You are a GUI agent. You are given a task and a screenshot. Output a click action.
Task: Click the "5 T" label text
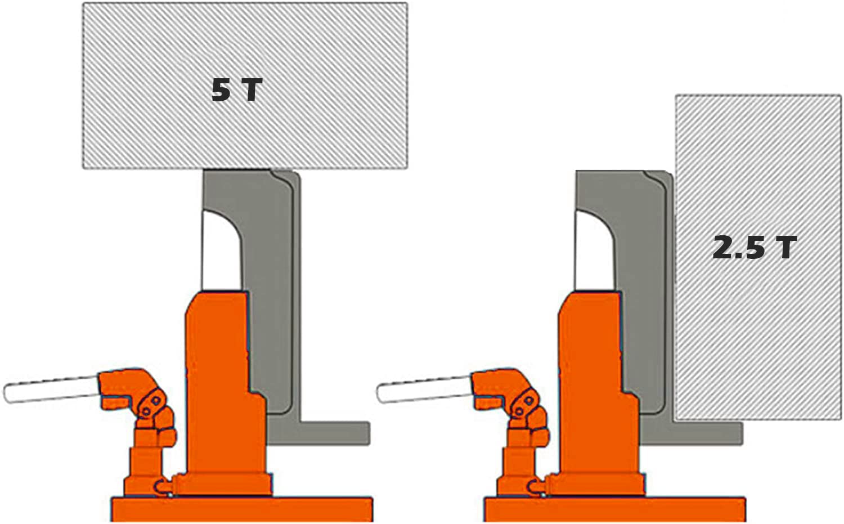237,90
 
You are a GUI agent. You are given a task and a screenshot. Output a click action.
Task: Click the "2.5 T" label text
754,247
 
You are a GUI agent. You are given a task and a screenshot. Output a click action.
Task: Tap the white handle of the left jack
51,389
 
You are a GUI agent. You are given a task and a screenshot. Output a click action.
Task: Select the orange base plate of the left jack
242,509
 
